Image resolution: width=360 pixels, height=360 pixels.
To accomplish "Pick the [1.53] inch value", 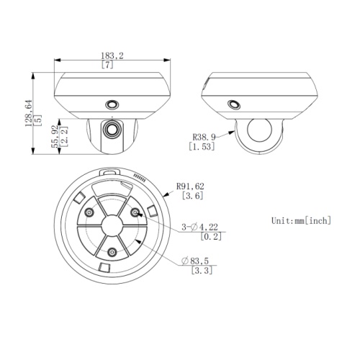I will [204, 147].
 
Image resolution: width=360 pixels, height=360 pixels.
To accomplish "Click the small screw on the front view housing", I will [112, 104].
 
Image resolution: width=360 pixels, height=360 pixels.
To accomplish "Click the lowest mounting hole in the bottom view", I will [112, 252].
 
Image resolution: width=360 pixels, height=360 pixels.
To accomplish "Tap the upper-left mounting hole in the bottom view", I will [89, 212].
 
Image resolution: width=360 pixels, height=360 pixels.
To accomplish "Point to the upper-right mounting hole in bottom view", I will [135, 212].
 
